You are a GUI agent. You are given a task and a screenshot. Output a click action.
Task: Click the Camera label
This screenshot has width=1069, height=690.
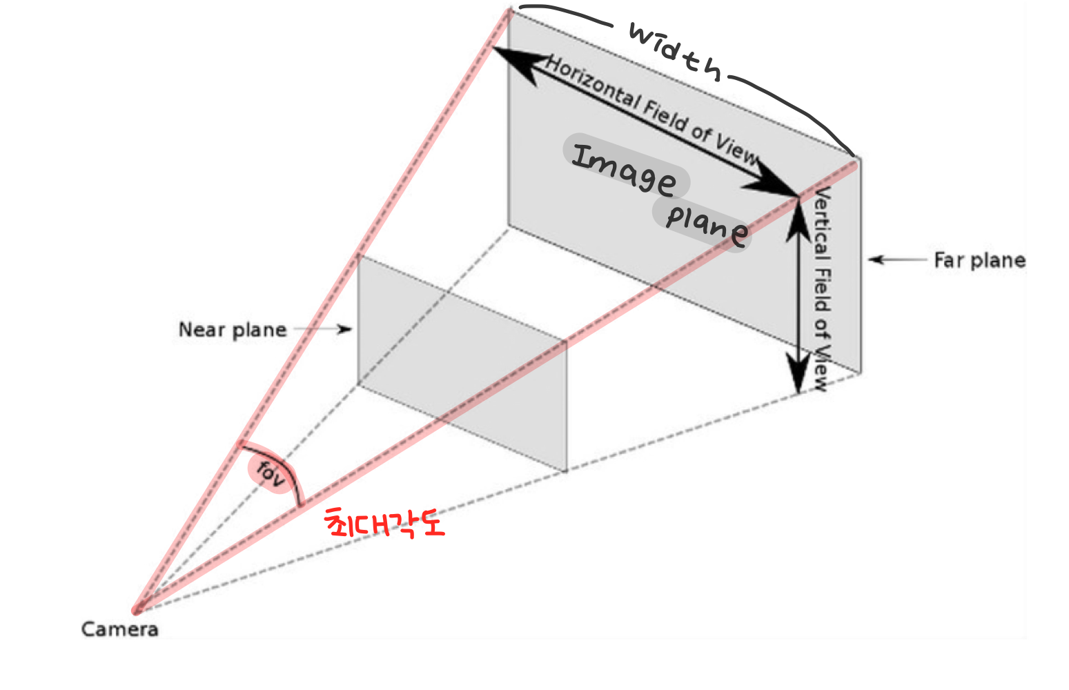[x=119, y=629]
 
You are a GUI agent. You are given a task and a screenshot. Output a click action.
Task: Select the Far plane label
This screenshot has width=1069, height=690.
[x=979, y=260]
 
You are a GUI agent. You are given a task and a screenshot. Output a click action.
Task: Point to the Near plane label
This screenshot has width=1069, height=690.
[x=233, y=330]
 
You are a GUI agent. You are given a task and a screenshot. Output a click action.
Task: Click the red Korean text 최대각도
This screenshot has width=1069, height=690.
[x=385, y=524]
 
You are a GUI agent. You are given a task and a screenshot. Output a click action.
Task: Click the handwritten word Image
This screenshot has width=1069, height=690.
[x=625, y=169]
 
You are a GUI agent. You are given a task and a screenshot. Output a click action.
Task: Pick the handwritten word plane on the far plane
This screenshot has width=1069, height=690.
[x=706, y=224]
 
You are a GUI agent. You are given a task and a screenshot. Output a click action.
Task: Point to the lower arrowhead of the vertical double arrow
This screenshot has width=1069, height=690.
[x=798, y=376]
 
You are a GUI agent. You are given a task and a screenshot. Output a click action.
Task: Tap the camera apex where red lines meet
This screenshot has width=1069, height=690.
[x=137, y=610]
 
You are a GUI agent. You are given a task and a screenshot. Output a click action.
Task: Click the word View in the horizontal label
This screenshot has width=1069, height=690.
[x=737, y=148]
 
